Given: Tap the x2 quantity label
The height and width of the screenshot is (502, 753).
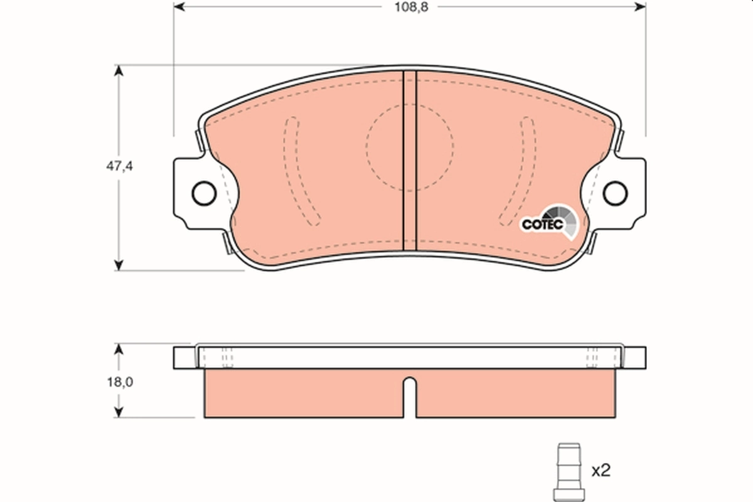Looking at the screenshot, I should click(x=601, y=469).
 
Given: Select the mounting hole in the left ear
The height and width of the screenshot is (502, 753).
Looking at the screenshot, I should click(x=204, y=193).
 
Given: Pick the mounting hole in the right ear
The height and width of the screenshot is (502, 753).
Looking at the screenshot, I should click(x=615, y=193).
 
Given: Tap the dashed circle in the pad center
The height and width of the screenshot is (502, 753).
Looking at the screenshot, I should click(x=410, y=147).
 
